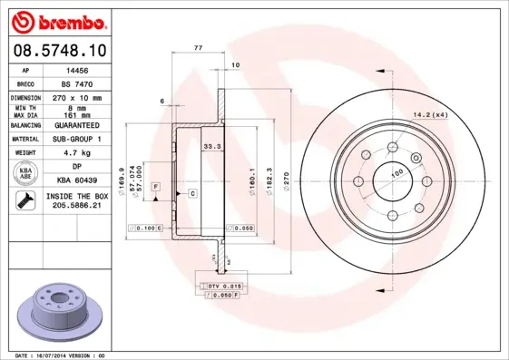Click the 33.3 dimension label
tap(210, 145)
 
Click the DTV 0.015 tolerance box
tap(221, 287)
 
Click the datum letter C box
tap(192, 194)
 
